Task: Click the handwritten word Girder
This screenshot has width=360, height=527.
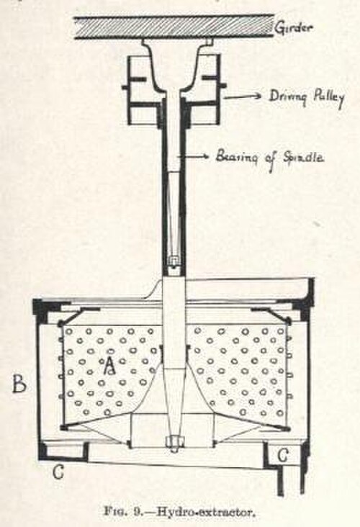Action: pyautogui.click(x=294, y=27)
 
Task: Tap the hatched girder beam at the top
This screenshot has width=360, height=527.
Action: pyautogui.click(x=174, y=27)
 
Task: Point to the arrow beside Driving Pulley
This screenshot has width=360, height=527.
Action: pyautogui.click(x=243, y=96)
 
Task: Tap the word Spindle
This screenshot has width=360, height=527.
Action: pyautogui.click(x=304, y=157)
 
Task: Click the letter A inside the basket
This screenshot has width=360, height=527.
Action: pyautogui.click(x=109, y=365)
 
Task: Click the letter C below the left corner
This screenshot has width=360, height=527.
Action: pyautogui.click(x=58, y=472)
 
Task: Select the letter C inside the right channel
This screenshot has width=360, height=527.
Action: pyautogui.click(x=283, y=456)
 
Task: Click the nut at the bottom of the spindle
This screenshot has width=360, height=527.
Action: pyautogui.click(x=173, y=443)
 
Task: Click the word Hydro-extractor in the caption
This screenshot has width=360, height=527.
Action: pyautogui.click(x=204, y=513)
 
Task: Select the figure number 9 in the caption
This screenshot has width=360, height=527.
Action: pyautogui.click(x=137, y=513)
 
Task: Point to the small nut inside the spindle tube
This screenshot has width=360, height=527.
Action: pyautogui.click(x=173, y=261)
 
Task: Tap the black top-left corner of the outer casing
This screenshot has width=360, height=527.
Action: pyautogui.click(x=41, y=306)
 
